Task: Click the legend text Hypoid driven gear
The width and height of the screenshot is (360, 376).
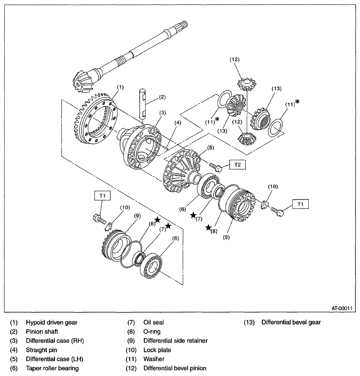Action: pyautogui.click(x=51, y=322)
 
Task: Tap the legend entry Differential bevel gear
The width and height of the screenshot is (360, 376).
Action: pyautogui.click(x=291, y=322)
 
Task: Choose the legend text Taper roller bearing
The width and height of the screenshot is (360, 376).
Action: pyautogui.click(x=52, y=368)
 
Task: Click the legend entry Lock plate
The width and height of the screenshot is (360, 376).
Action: pyautogui.click(x=157, y=350)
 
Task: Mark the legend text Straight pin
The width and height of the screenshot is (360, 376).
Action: pyautogui.click(x=43, y=350)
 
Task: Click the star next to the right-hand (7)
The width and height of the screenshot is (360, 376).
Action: pyautogui.click(x=193, y=215)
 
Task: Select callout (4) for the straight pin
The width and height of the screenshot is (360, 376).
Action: pyautogui.click(x=177, y=123)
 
